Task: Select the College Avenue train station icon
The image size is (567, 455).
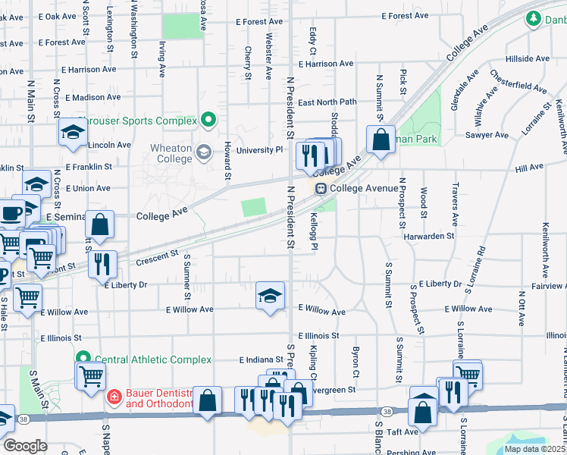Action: pyautogui.click(x=321, y=188)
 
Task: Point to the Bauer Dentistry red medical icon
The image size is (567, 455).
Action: pyautogui.click(x=113, y=397)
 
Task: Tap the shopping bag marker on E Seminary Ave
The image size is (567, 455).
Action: pyautogui.click(x=100, y=224)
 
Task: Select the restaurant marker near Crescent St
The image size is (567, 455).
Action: pyautogui.click(x=102, y=263)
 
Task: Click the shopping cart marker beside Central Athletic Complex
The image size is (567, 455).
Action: pyautogui.click(x=90, y=374)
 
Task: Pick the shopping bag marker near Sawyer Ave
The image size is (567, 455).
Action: pyautogui.click(x=380, y=140)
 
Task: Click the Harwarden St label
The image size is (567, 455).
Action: pyautogui.click(x=429, y=236)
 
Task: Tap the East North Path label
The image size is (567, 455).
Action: pyautogui.click(x=327, y=102)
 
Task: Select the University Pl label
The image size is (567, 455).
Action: pyautogui.click(x=258, y=150)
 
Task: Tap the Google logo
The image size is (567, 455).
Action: pyautogui.click(x=25, y=446)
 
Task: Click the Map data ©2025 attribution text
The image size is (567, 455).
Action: pyautogui.click(x=534, y=449)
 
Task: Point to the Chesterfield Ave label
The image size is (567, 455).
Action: pyautogui.click(x=519, y=83)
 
